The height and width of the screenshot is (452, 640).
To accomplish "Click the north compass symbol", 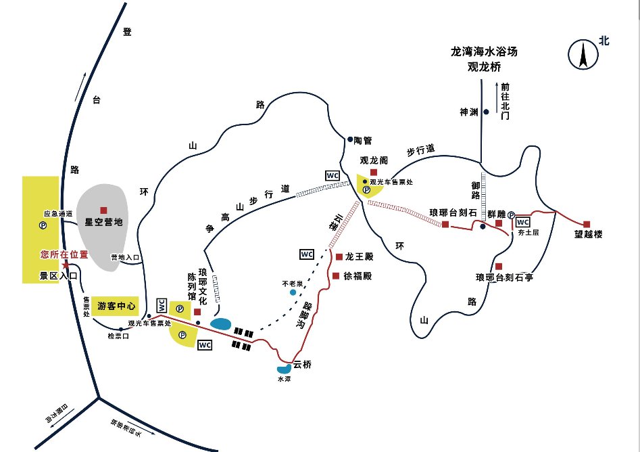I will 582,54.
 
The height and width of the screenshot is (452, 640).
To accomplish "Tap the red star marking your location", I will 65,263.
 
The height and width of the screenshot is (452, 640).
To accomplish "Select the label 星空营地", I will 103,221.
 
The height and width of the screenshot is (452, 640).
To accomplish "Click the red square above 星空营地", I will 103,210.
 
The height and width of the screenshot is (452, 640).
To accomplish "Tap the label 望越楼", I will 589,235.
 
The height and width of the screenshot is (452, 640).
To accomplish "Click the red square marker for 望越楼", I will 587,224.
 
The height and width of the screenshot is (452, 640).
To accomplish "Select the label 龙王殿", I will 359,257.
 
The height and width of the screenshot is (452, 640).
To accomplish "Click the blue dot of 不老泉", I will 293,292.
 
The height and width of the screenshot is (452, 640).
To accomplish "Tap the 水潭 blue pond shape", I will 284,369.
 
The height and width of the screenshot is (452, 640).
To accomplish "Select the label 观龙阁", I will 373,161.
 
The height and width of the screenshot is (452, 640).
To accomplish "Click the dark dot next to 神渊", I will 485,112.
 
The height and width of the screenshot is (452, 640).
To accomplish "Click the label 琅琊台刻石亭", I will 504,277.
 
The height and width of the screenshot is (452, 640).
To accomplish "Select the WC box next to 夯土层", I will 523,222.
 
